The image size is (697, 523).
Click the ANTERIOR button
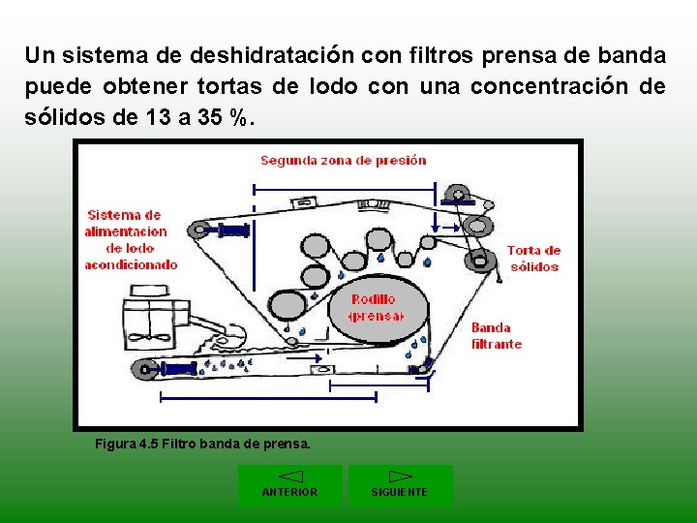coord(289,485)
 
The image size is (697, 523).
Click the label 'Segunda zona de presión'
coord(343,160)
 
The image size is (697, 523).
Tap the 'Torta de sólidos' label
coord(533,258)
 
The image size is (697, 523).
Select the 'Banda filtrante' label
coord(496,335)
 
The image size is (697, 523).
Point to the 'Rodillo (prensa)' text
coord(376,308)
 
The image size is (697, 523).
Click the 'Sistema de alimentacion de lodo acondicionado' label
coord(130,239)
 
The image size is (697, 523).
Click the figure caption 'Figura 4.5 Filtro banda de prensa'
coord(202,445)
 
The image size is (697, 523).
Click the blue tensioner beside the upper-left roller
coord(234,230)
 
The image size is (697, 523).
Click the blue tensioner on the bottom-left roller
coord(179,368)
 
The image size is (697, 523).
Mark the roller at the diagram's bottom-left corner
coord(145,368)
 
